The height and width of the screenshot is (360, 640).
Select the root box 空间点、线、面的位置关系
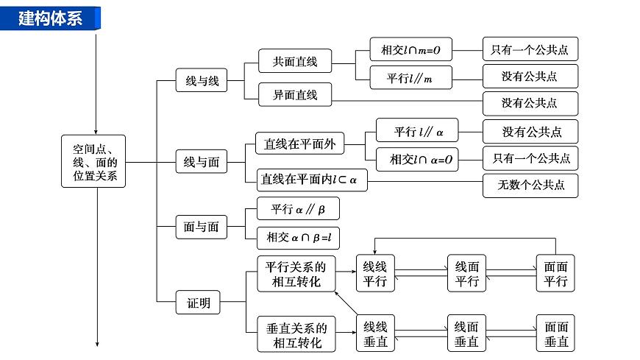(93, 160)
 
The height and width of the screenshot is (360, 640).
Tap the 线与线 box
(201, 81)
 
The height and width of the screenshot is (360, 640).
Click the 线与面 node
(201, 161)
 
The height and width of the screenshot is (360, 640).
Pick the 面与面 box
(201, 227)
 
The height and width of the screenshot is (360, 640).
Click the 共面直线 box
(294, 61)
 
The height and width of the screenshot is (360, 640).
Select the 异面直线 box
(294, 94)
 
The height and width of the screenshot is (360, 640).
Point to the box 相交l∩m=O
(410, 49)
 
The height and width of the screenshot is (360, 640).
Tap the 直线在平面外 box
(299, 144)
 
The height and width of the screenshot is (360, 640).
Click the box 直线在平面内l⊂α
(310, 179)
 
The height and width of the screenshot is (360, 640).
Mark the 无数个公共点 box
(530, 186)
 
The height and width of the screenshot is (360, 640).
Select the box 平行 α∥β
(297, 209)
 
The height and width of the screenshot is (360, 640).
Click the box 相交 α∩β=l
(298, 237)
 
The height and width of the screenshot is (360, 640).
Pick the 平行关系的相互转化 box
(295, 273)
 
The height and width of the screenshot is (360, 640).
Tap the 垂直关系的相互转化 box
(295, 334)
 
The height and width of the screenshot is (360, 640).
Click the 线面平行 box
(467, 273)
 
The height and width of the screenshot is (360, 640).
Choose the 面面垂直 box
(555, 333)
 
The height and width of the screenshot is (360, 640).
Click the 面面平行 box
(555, 273)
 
